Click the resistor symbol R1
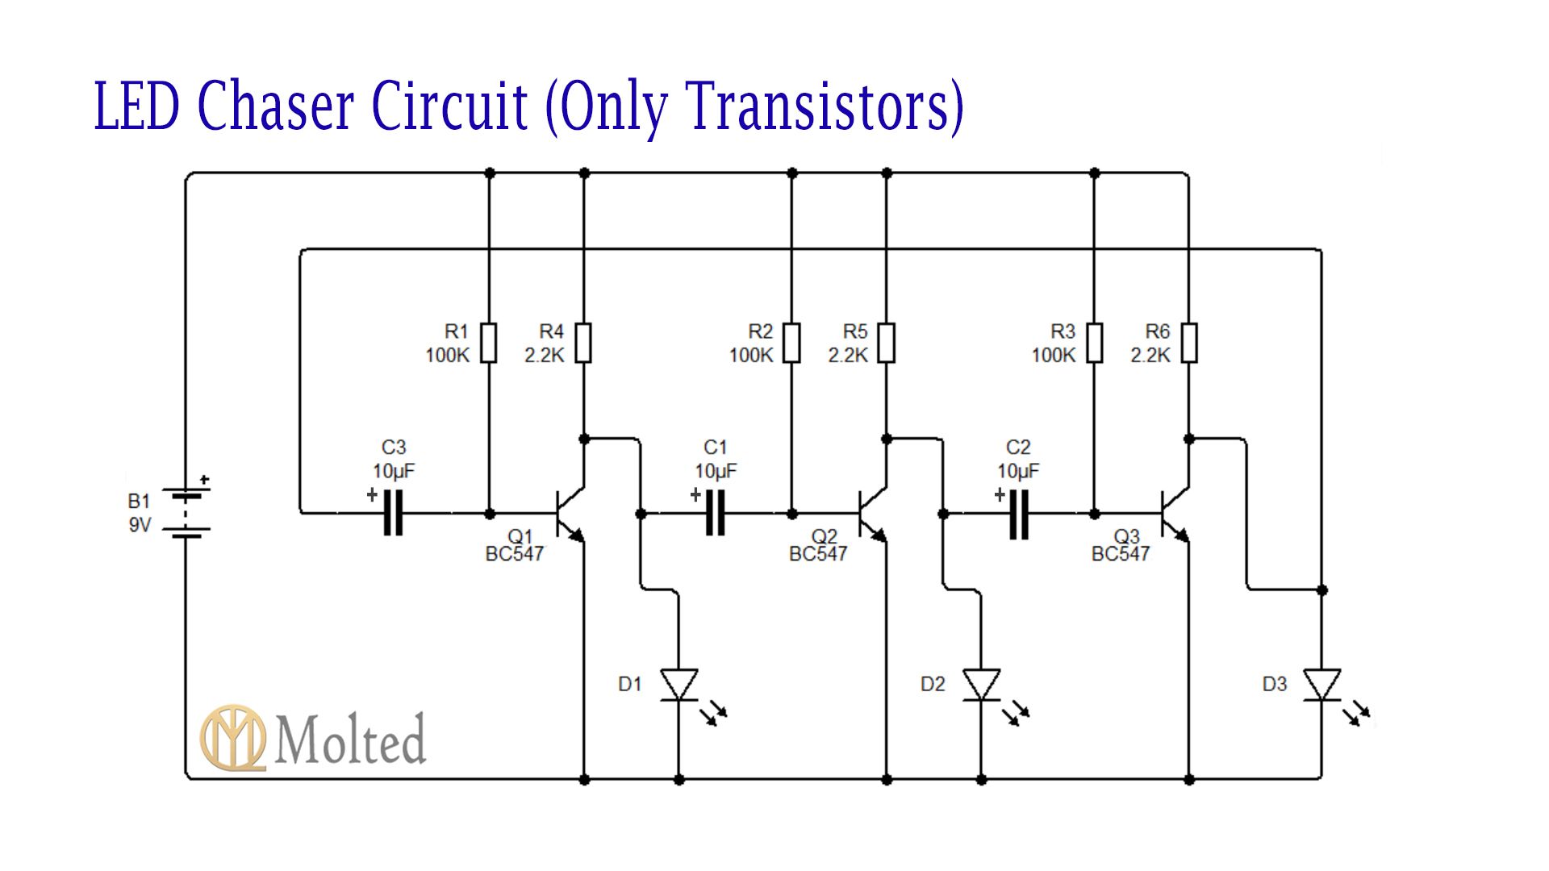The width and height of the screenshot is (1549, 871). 488,343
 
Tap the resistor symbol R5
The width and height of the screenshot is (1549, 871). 887,343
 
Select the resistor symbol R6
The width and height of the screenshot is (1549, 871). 1189,343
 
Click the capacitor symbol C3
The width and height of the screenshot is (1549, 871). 393,513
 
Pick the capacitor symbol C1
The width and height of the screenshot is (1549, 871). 715,513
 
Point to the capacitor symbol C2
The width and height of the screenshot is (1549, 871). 1018,513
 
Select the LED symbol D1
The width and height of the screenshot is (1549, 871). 679,686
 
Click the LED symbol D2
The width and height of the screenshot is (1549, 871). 982,686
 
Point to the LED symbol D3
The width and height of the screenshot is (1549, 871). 1322,686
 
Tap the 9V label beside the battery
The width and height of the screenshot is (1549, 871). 140,526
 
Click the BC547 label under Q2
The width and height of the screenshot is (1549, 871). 818,554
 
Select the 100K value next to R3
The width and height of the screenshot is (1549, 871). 1053,356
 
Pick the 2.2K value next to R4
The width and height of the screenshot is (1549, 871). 545,356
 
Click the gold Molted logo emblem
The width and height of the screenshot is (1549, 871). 233,738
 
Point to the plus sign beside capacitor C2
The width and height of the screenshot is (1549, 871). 1000,495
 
